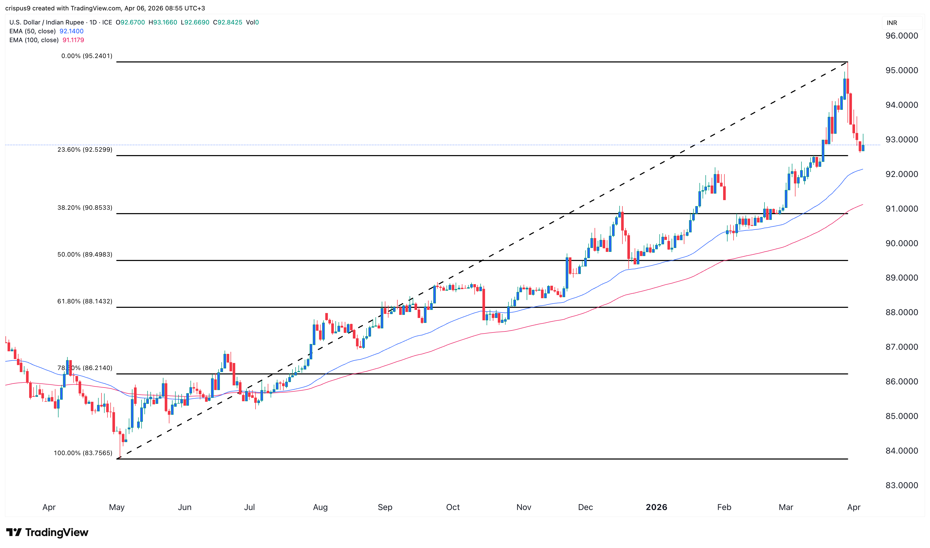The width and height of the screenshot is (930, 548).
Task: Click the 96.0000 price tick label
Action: point(901,36)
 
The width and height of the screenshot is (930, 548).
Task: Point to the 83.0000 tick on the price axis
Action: point(901,485)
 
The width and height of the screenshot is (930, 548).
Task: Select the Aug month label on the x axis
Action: point(320,507)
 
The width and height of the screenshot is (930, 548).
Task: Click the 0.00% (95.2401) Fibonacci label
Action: point(87,56)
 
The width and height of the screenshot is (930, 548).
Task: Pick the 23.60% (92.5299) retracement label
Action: point(85,150)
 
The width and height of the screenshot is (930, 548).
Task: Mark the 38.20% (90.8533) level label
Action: point(85,208)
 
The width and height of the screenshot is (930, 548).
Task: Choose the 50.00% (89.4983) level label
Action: point(85,254)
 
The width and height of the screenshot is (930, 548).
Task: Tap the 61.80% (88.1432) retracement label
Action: point(85,301)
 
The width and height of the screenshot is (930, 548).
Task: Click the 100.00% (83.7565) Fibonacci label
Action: point(83,453)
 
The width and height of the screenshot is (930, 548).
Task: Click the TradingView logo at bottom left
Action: point(47,532)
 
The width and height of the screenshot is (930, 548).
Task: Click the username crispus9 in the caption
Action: point(18,8)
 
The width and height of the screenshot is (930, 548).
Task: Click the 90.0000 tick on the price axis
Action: point(901,243)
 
